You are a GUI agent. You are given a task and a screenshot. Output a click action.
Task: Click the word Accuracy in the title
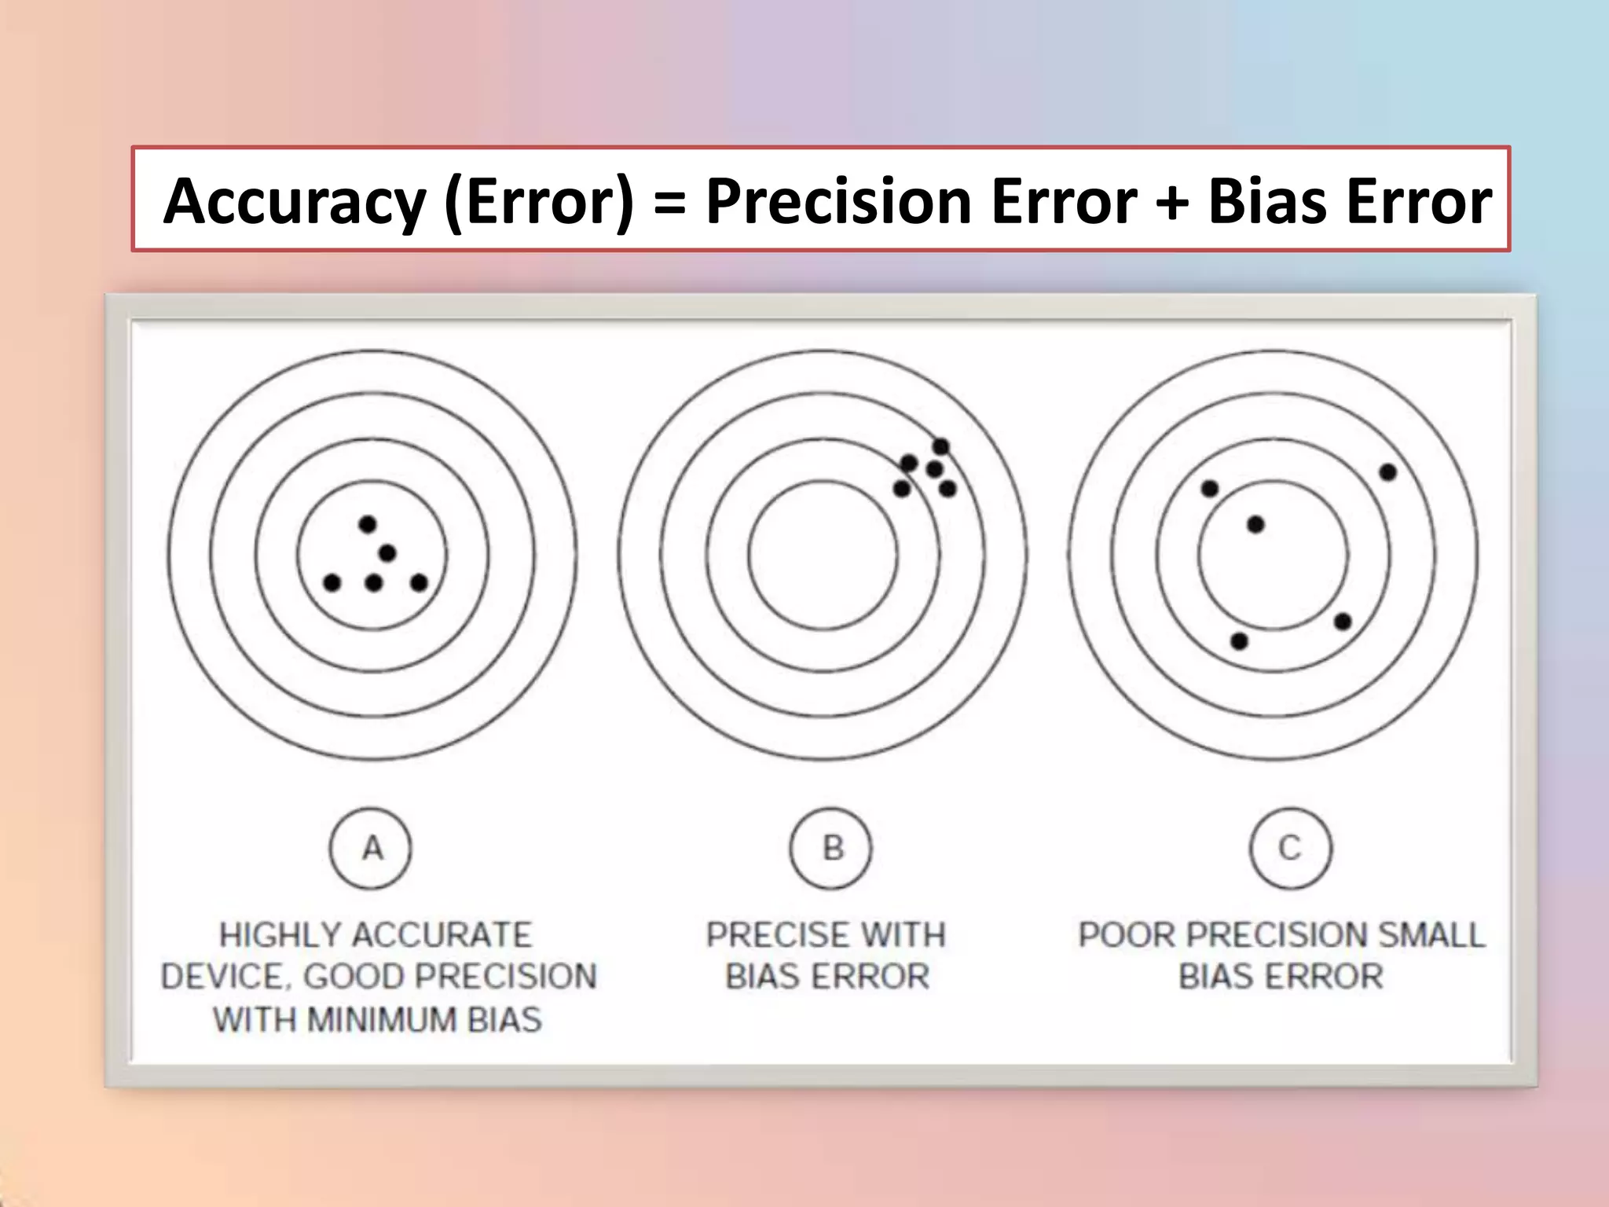pos(294,202)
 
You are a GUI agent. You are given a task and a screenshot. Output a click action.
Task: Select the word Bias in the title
pos(1265,202)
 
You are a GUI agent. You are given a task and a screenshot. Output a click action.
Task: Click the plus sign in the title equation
pos(1171,202)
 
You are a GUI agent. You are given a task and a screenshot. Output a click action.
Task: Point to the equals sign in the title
pos(669,202)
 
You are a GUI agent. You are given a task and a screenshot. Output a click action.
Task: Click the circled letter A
pos(371,849)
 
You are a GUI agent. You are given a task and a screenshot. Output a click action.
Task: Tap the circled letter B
pos(831,849)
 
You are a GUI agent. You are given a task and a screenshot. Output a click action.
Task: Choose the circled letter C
pos(1291,849)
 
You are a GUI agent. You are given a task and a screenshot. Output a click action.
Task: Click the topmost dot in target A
pos(367,524)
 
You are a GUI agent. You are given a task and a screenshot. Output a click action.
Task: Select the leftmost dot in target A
pos(332,583)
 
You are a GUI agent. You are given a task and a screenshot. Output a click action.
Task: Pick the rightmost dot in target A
pos(419,583)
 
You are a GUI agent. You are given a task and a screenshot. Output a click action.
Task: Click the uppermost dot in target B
pos(940,447)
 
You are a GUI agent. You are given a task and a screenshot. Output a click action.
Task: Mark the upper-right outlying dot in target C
pos(1387,472)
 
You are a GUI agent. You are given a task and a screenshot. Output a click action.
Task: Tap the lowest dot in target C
pos(1239,641)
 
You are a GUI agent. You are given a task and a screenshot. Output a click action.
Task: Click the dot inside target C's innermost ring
pos(1255,524)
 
